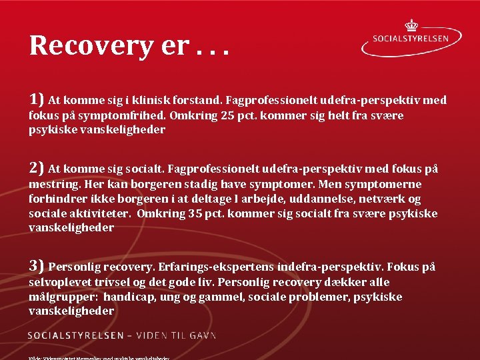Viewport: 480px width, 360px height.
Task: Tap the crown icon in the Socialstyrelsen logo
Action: point(411,25)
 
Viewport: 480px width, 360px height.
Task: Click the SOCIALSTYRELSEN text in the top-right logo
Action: point(411,39)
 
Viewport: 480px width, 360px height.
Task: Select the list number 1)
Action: point(37,99)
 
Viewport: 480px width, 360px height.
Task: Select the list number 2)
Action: point(37,168)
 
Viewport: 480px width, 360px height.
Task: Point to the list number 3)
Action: point(37,266)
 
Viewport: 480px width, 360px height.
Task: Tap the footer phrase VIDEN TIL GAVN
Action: point(173,335)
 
